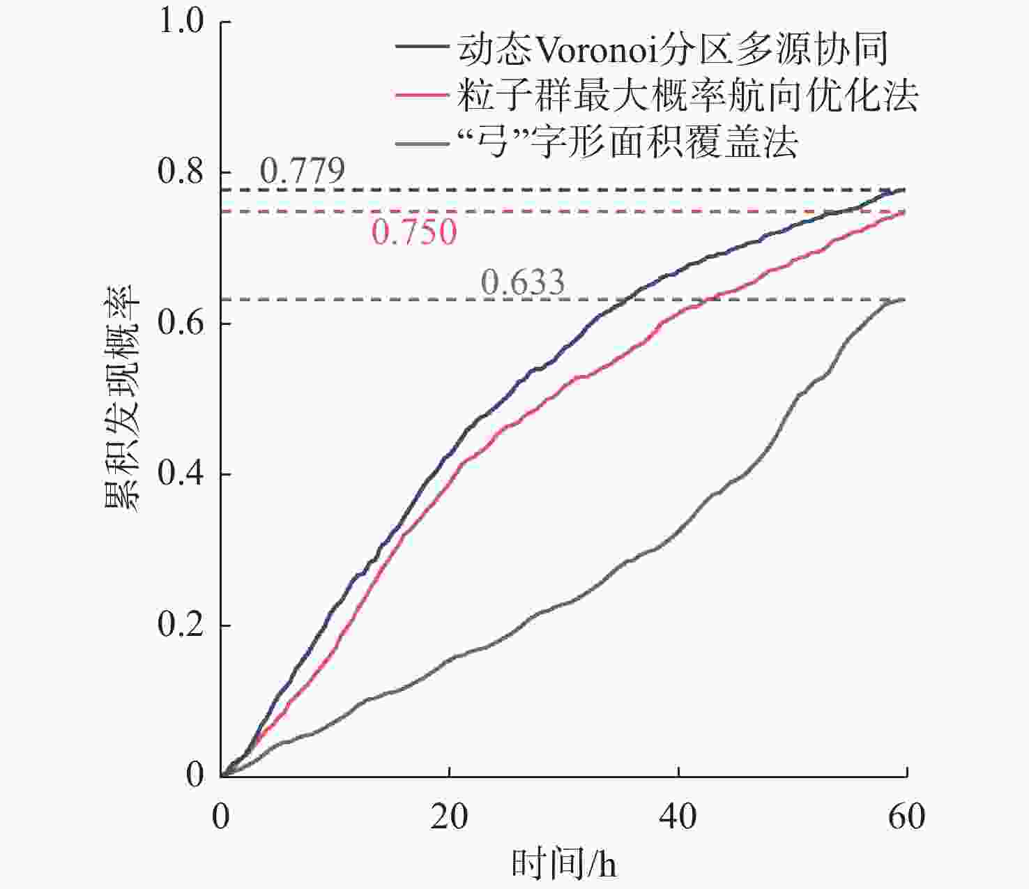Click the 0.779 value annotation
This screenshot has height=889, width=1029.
(x=303, y=171)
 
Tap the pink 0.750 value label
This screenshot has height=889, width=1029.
(x=414, y=232)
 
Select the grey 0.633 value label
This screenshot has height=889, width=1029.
(x=523, y=282)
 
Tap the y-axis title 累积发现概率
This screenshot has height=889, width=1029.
(x=123, y=397)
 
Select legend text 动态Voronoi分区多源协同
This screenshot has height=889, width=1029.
(x=673, y=49)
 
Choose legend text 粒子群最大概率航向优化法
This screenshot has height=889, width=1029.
(x=687, y=96)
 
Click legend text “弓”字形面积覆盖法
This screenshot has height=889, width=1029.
(x=627, y=143)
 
